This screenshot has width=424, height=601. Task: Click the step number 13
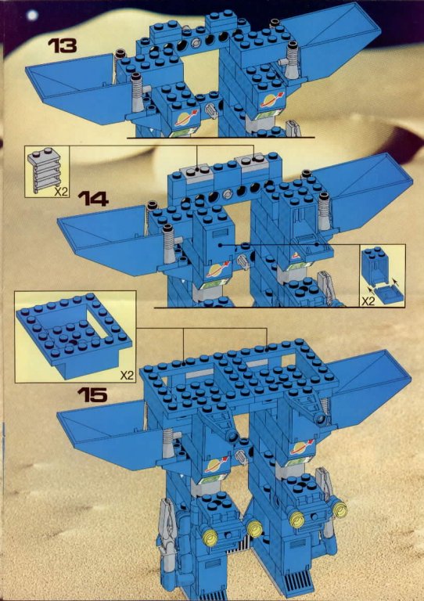tap(62, 45)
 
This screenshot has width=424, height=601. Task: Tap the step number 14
tap(93, 199)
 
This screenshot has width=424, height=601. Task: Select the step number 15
tap(92, 394)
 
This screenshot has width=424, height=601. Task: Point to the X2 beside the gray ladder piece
tap(60, 192)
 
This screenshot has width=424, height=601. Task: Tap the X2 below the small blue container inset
tap(368, 301)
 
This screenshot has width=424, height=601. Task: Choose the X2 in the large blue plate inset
tap(128, 376)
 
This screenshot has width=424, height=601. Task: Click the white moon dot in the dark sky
tap(33, 15)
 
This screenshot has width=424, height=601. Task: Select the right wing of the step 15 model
tap(368, 387)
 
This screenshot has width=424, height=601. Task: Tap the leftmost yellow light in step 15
tap(210, 538)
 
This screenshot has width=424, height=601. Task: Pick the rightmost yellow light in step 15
tap(340, 508)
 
